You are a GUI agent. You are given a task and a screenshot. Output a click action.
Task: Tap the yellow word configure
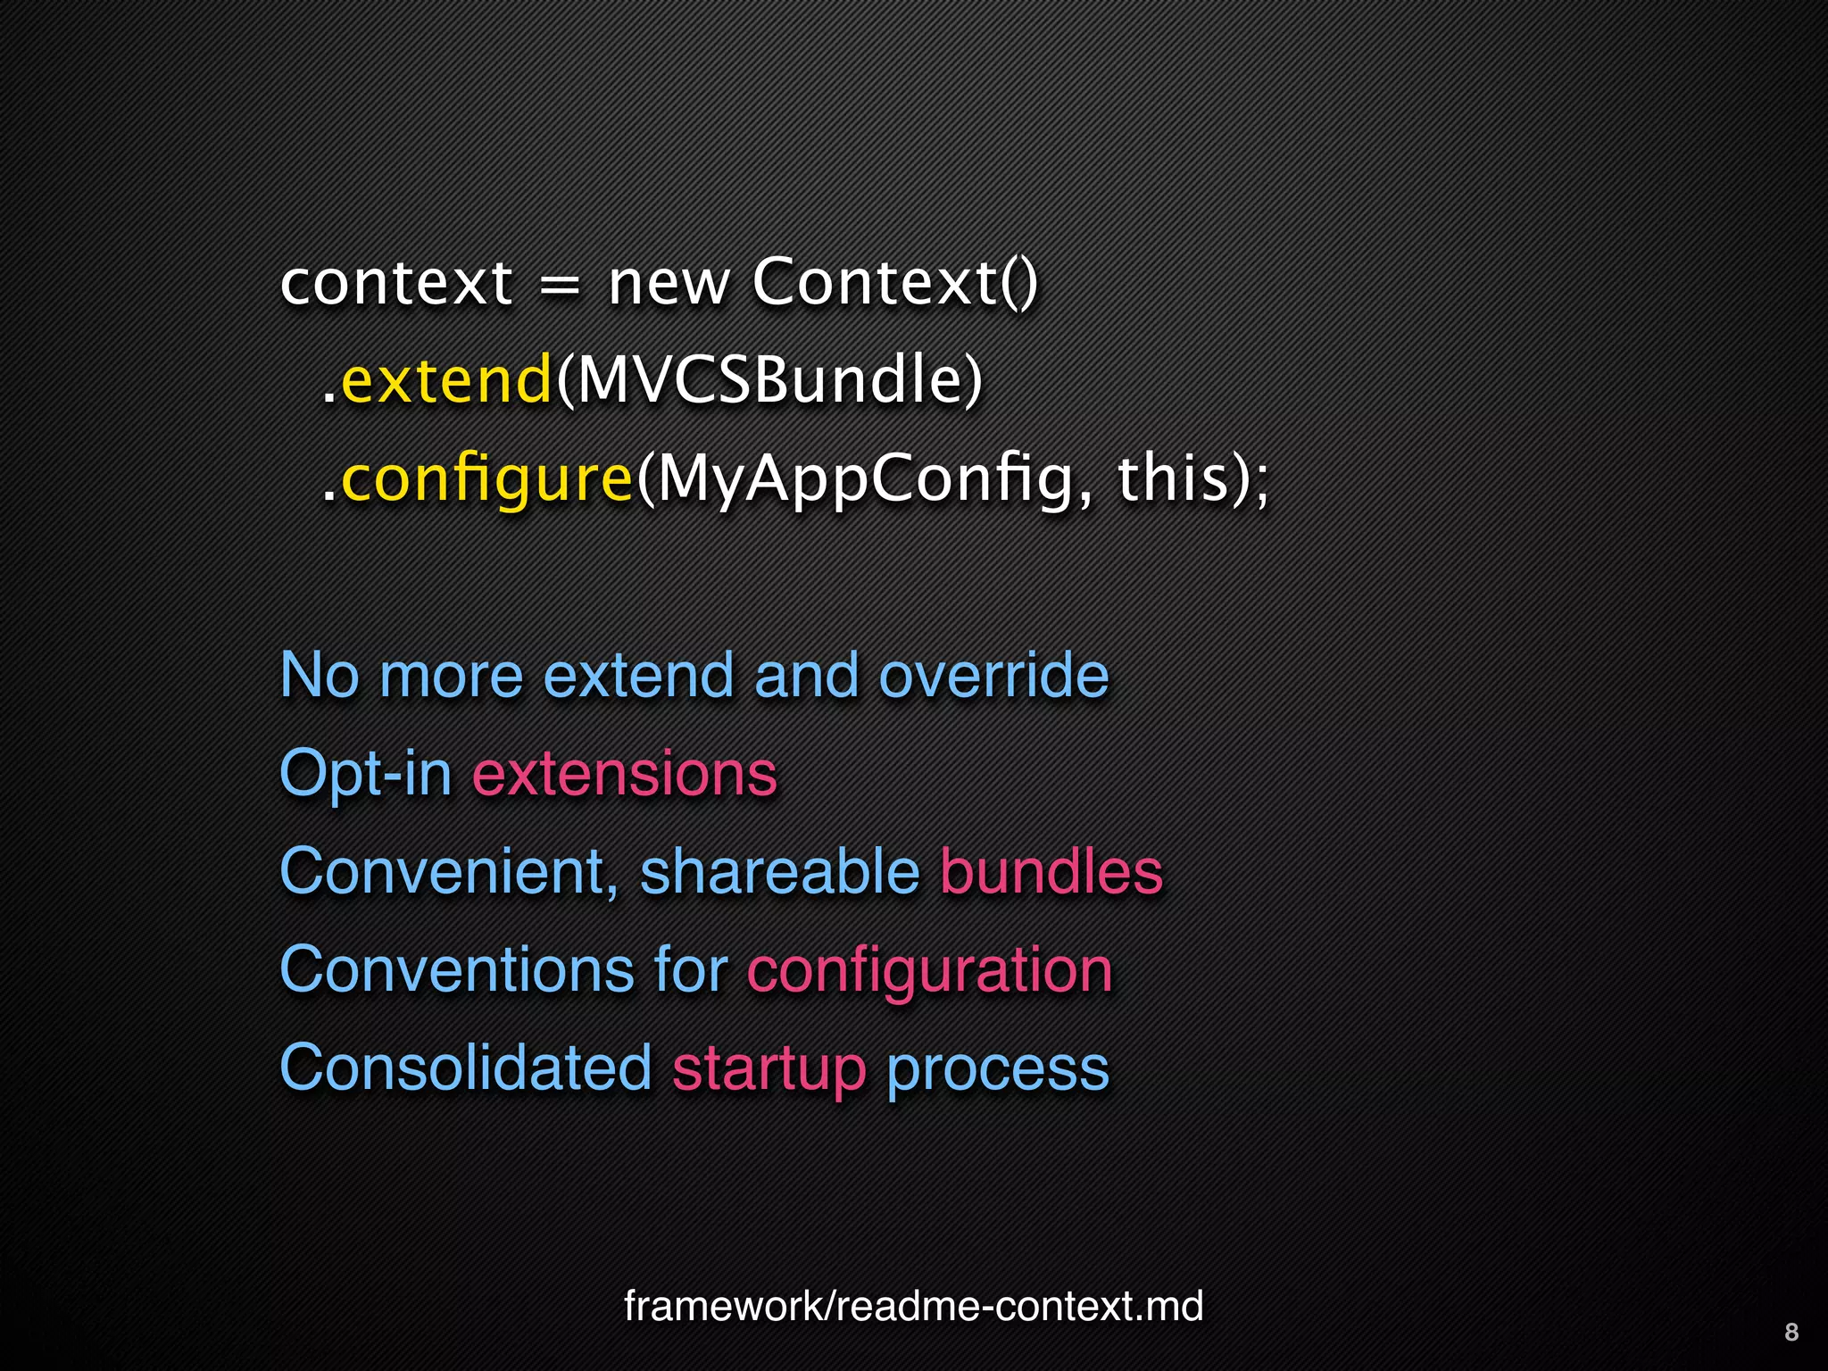click(487, 480)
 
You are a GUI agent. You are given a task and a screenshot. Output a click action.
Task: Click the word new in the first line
click(669, 284)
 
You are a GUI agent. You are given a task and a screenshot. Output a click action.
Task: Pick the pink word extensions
click(625, 773)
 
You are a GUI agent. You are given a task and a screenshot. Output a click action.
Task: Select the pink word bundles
click(1051, 871)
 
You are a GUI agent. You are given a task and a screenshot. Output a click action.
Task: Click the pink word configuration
click(930, 971)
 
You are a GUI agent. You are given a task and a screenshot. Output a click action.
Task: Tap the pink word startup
click(769, 1069)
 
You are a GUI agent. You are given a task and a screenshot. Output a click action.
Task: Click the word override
click(993, 675)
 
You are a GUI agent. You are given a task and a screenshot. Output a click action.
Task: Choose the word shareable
click(779, 871)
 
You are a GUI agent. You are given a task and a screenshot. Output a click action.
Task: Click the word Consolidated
click(466, 1068)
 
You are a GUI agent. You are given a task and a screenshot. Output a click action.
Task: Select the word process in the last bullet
click(998, 1069)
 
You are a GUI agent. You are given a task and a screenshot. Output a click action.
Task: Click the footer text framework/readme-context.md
click(913, 1306)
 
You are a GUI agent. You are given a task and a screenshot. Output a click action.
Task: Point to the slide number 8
click(1791, 1332)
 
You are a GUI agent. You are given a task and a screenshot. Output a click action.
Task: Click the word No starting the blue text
click(320, 675)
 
